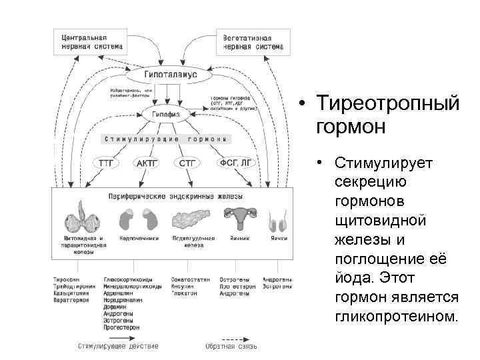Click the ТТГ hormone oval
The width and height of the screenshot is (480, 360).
[107, 162]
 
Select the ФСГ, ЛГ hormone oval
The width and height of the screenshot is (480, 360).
[234, 162]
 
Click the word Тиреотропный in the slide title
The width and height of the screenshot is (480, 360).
[388, 105]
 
